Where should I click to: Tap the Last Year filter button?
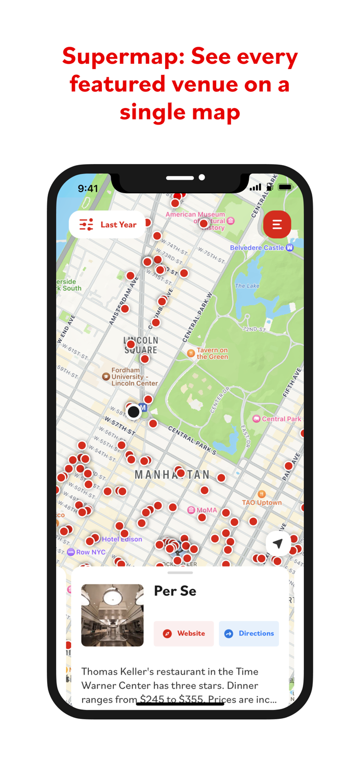pyautogui.click(x=108, y=225)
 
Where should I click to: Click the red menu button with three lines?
pyautogui.click(x=277, y=225)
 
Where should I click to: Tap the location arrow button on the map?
pyautogui.click(x=278, y=544)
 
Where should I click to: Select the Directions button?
pyautogui.click(x=249, y=634)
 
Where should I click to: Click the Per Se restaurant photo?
pyautogui.click(x=112, y=615)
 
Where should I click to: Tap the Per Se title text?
pyautogui.click(x=175, y=591)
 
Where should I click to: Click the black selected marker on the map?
pyautogui.click(x=134, y=412)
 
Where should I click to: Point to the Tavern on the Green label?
pyautogui.click(x=211, y=354)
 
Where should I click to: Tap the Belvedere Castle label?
pyautogui.click(x=257, y=248)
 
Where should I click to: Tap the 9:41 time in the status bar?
pyautogui.click(x=88, y=189)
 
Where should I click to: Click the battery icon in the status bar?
pyautogui.click(x=285, y=187)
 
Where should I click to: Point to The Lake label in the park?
pyautogui.click(x=247, y=286)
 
